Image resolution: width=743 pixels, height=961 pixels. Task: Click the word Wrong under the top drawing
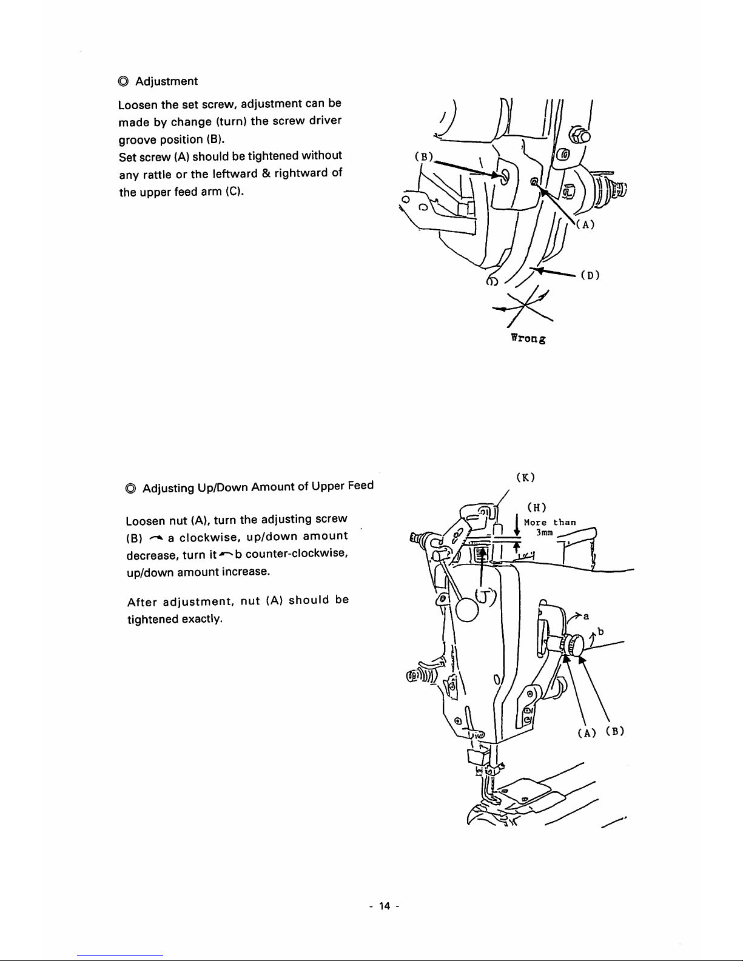(528, 340)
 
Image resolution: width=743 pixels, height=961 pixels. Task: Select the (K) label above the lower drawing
(525, 477)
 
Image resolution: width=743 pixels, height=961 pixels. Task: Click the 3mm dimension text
(543, 532)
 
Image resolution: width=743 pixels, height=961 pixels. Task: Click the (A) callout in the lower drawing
(585, 732)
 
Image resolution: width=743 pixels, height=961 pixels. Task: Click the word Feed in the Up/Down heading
(361, 486)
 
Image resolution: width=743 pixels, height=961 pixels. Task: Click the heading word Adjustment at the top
(166, 81)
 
